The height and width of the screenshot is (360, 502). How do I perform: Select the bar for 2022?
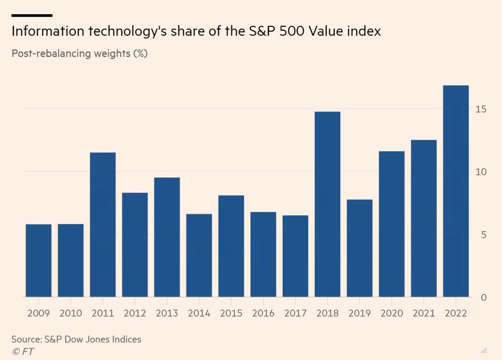pos(456,191)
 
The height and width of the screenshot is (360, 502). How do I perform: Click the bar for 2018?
pos(327,204)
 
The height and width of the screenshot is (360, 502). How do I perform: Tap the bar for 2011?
pos(103,225)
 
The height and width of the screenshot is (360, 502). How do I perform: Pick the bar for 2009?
pos(39,261)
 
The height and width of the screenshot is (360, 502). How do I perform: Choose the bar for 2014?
pos(199,255)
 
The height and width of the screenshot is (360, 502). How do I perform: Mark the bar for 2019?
pos(359,248)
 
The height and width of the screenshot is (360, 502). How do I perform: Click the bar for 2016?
pos(263,254)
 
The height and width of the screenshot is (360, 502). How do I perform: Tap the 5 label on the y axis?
pos(483,235)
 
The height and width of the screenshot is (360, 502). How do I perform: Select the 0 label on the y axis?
pos(483,298)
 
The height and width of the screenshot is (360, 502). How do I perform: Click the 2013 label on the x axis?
pos(167,313)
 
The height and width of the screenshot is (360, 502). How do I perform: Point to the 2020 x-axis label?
pos(391,313)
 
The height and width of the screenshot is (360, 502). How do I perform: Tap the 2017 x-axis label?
pos(295,313)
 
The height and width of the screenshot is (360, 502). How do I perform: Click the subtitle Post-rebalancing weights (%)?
pos(80,54)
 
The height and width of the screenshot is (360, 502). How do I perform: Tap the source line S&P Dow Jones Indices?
pos(76,339)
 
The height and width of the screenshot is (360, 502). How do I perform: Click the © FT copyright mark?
pos(23,351)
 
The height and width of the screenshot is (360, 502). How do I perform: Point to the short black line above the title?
pos(32,16)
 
